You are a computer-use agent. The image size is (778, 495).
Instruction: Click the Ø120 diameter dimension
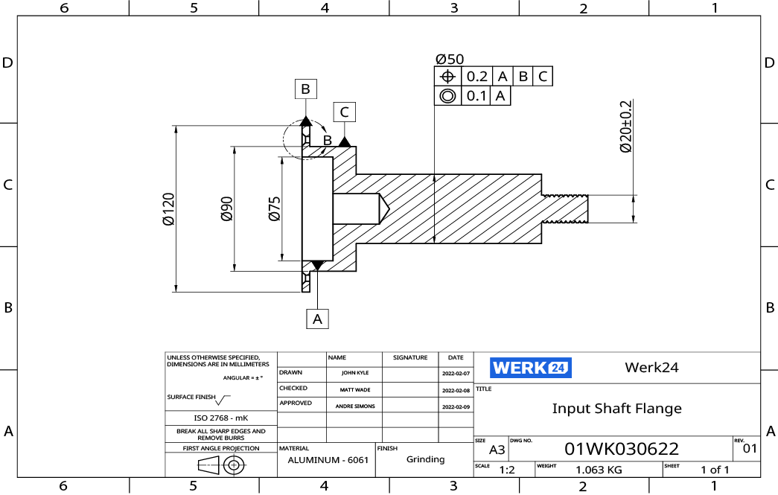(168, 208)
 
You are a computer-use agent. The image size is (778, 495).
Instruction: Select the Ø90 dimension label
(226, 208)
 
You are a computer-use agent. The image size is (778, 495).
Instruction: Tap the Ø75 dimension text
(274, 208)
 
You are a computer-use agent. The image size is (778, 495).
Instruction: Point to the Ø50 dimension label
(450, 59)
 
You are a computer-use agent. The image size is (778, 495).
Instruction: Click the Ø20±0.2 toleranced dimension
(625, 127)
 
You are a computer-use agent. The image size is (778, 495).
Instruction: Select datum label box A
(318, 319)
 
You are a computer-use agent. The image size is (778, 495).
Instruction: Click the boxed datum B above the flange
(305, 89)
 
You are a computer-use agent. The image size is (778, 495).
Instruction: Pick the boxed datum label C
(344, 112)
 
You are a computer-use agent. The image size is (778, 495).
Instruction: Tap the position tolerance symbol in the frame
(447, 77)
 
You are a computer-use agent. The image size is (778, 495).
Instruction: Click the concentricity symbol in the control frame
(447, 96)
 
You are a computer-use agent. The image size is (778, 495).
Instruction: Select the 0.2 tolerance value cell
(476, 77)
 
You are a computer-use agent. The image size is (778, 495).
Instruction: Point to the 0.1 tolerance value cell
(476, 96)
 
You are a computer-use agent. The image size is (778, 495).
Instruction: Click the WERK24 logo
(530, 368)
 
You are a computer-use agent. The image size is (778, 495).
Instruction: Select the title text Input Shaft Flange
(616, 409)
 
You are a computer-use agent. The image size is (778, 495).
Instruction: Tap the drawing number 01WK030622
(622, 449)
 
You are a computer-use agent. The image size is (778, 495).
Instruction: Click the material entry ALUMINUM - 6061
(327, 461)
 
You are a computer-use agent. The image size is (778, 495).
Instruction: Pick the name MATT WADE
(354, 390)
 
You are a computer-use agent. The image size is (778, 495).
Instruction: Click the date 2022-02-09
(456, 407)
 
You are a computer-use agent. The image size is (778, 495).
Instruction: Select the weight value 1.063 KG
(599, 470)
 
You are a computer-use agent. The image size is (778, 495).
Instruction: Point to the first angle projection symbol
(221, 465)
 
